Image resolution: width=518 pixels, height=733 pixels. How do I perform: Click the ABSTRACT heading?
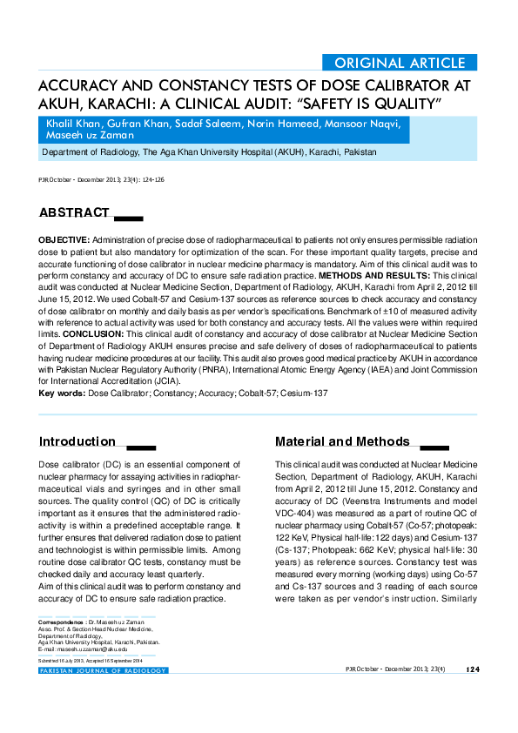pos(74,212)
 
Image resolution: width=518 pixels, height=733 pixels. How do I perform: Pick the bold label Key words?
pos(62,393)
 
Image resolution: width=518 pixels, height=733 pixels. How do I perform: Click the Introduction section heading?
pos(77,441)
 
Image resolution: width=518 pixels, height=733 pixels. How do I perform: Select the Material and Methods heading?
pos(341,441)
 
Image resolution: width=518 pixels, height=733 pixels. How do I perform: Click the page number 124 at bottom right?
pos(473,669)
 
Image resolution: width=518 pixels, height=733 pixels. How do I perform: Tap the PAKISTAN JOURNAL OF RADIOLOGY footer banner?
pos(103,670)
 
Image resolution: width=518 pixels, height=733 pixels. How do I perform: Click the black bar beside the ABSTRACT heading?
pos(128,216)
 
